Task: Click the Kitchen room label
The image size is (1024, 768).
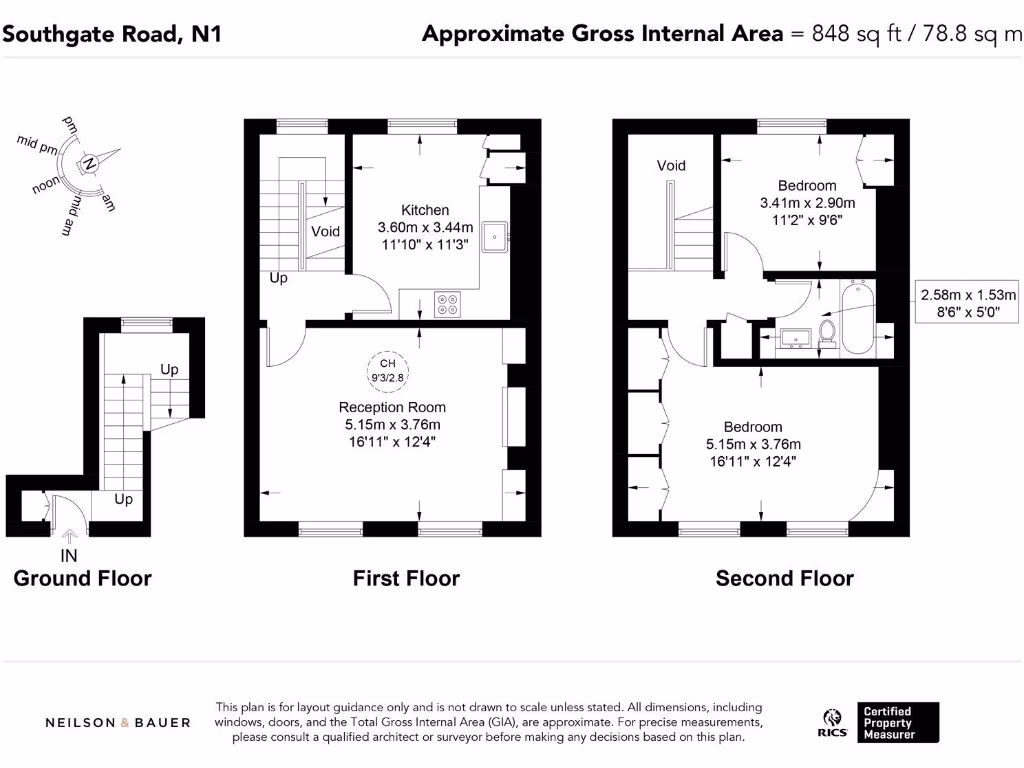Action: [425, 210]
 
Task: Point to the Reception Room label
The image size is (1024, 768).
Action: [392, 407]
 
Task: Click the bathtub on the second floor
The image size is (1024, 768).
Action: [858, 319]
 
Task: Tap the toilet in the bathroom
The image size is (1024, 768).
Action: [828, 331]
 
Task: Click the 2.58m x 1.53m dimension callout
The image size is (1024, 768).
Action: [968, 303]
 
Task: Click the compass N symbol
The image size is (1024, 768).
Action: [89, 163]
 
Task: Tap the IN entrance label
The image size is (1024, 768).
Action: [69, 554]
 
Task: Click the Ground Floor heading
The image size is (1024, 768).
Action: [82, 578]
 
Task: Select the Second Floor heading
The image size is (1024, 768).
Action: [784, 578]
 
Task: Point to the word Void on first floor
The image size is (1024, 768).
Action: [326, 231]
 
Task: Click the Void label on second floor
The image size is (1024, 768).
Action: [671, 165]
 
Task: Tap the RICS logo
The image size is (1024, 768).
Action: [834, 723]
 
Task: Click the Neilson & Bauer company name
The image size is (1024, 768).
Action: [118, 722]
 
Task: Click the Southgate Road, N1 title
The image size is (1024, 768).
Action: [111, 34]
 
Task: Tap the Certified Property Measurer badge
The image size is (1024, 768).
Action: [899, 723]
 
